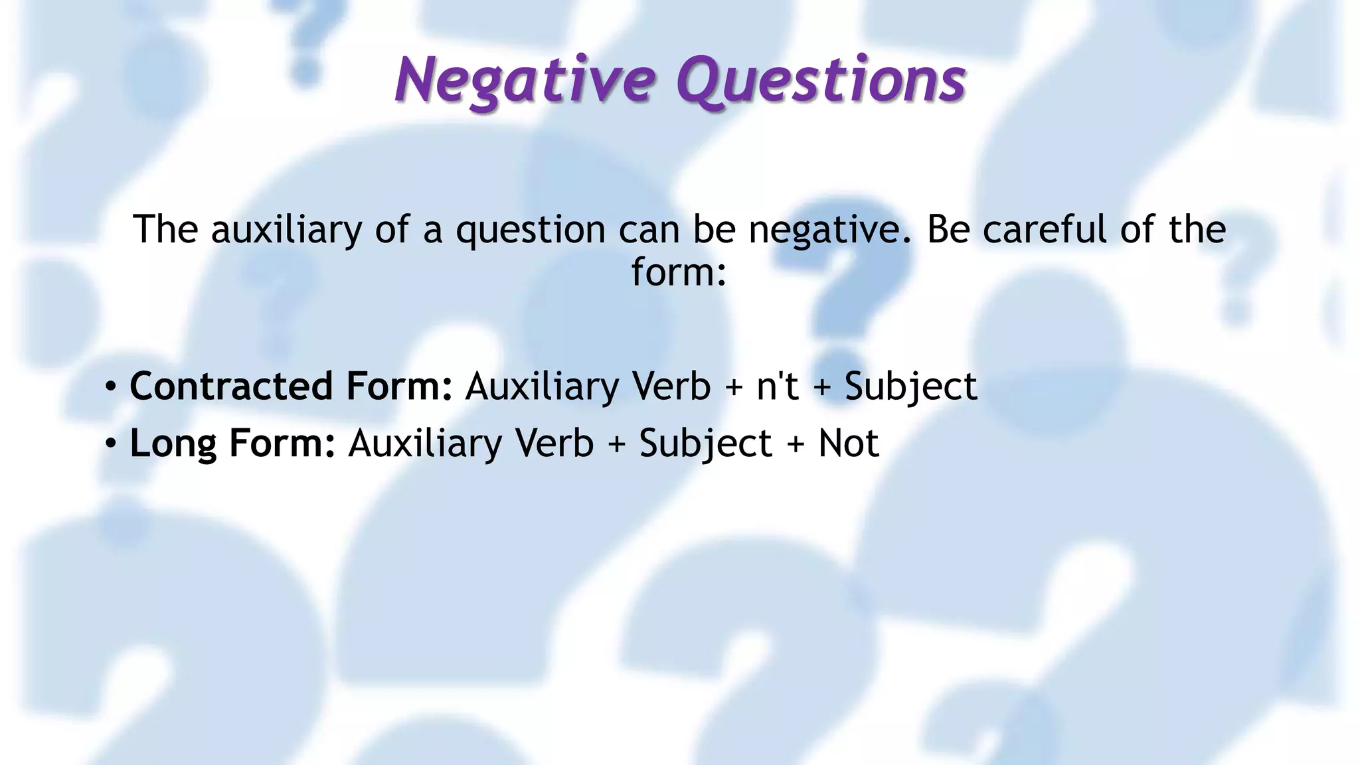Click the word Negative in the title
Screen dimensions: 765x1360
pos(525,80)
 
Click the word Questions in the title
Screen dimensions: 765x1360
pos(821,80)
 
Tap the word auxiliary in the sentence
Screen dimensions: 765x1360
pos(286,230)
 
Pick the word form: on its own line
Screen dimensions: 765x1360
pos(679,272)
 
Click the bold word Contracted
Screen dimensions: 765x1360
pos(230,386)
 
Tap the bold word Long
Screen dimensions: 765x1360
pos(173,444)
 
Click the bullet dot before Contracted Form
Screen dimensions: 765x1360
pos(111,387)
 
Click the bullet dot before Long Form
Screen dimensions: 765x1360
pos(111,444)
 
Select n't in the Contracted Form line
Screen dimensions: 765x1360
pos(777,386)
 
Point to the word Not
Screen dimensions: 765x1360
pos(848,444)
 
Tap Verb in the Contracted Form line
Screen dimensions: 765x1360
pos(671,386)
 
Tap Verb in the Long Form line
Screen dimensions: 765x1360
pos(554,444)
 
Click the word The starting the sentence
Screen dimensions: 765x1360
pos(165,230)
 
